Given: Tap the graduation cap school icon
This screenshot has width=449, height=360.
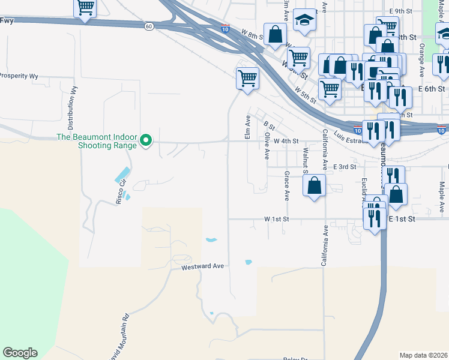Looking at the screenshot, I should (305, 20).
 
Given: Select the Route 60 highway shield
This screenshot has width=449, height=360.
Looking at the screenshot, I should (148, 26).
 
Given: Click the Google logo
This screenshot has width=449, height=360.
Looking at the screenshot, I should (20, 353).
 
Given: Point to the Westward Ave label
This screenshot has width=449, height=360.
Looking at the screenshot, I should (202, 266).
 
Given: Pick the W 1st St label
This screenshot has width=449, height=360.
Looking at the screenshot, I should (277, 220).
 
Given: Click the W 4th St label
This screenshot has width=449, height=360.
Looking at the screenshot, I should (286, 141).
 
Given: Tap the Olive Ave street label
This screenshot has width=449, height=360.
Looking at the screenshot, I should (266, 146).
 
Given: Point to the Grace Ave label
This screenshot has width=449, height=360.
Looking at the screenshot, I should (287, 185).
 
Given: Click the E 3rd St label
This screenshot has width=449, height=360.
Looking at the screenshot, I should (345, 167).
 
